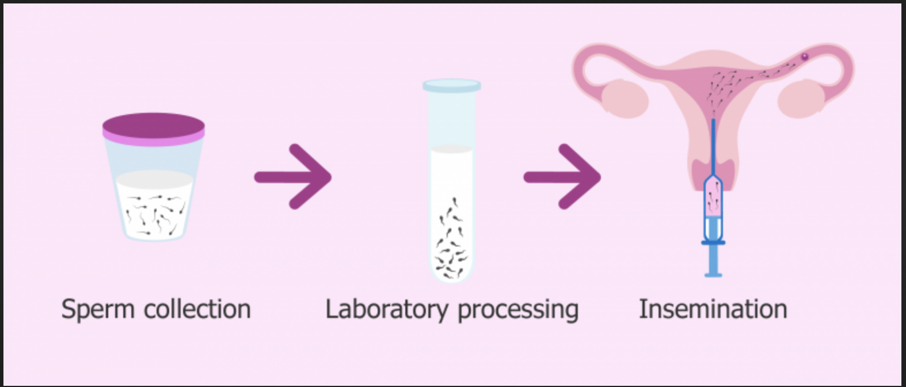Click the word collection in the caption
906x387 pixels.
[x=197, y=309]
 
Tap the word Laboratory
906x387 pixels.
[x=386, y=310]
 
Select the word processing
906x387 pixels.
[x=518, y=310]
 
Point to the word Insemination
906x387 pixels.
[x=713, y=309]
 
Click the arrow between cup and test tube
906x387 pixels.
[x=294, y=177]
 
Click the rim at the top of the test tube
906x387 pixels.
[x=452, y=86]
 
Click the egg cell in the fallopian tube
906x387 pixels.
[x=805, y=56]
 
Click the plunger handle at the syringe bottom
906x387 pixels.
[x=713, y=262]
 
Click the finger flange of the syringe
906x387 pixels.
[x=713, y=243]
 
